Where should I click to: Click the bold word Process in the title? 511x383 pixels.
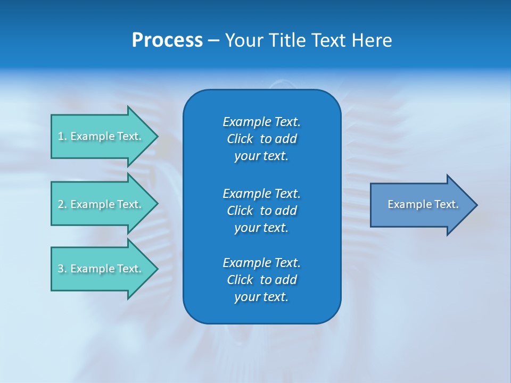point(167,40)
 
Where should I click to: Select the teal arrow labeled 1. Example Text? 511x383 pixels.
point(101,136)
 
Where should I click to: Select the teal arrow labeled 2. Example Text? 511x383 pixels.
point(101,204)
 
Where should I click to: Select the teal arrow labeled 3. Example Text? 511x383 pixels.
point(101,269)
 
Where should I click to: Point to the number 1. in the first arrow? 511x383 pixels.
point(62,136)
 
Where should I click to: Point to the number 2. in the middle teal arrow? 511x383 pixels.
point(62,204)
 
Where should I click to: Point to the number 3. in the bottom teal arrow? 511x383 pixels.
point(62,269)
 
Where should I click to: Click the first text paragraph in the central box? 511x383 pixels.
point(261,139)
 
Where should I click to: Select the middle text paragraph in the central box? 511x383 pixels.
point(261,211)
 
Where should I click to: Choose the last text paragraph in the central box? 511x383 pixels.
point(261,280)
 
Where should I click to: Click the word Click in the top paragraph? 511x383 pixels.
point(240,139)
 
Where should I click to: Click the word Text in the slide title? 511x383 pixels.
point(327,40)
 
